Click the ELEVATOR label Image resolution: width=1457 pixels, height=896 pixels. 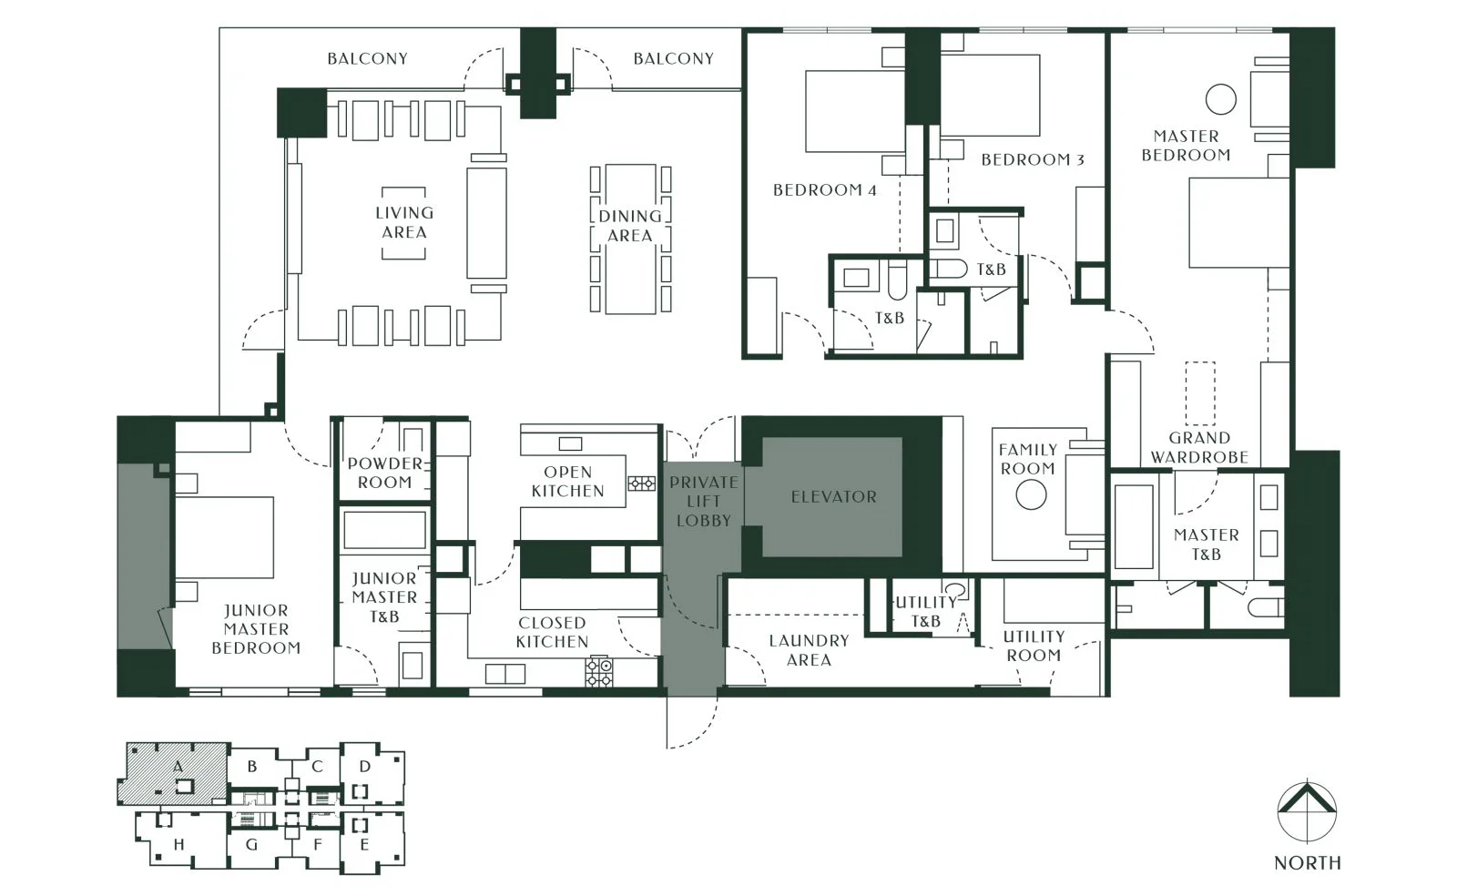[833, 497]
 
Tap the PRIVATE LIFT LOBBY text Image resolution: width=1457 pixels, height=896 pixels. [703, 502]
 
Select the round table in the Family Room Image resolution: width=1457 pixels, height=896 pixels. [1031, 494]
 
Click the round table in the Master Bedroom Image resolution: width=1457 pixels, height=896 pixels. [1220, 99]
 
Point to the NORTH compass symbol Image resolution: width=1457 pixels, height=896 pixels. [1307, 810]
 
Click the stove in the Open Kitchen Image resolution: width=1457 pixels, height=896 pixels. [641, 484]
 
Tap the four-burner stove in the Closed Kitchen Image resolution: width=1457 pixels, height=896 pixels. [598, 672]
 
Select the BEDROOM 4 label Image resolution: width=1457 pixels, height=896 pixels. [824, 190]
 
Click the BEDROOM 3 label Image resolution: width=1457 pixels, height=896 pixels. [1033, 160]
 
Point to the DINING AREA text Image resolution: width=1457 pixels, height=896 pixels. [629, 226]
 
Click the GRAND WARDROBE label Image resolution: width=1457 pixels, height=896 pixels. [1198, 447]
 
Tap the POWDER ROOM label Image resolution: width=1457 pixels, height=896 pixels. [384, 473]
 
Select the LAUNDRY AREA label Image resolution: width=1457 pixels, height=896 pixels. [809, 650]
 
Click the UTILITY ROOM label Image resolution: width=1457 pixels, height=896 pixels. [1034, 646]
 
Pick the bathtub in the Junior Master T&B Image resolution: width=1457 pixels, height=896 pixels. [384, 530]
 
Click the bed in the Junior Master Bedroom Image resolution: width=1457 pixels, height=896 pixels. [224, 537]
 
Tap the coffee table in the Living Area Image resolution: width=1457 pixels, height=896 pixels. [403, 223]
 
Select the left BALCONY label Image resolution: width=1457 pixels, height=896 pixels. [368, 59]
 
